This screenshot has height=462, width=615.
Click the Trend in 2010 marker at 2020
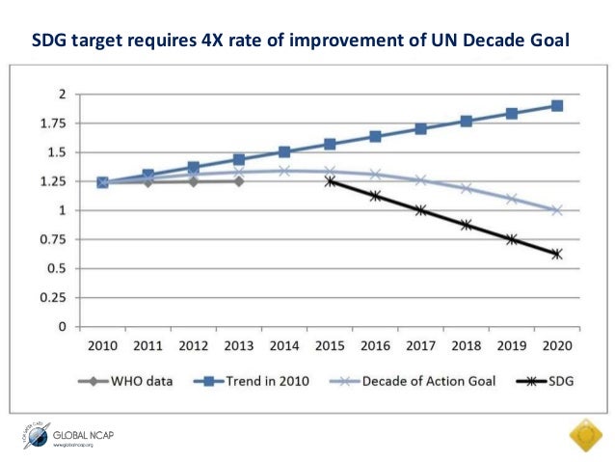pyautogui.click(x=557, y=106)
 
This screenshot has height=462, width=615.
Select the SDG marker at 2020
pyautogui.click(x=557, y=254)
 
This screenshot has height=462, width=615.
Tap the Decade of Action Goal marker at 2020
pyautogui.click(x=557, y=210)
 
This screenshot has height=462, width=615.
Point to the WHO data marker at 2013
pyautogui.click(x=239, y=181)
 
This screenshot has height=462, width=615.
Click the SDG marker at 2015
pyautogui.click(x=330, y=181)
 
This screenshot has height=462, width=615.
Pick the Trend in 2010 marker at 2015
pyautogui.click(x=330, y=144)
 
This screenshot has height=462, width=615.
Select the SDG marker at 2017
pyautogui.click(x=420, y=210)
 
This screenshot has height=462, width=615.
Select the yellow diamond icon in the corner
pyautogui.click(x=584, y=437)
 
